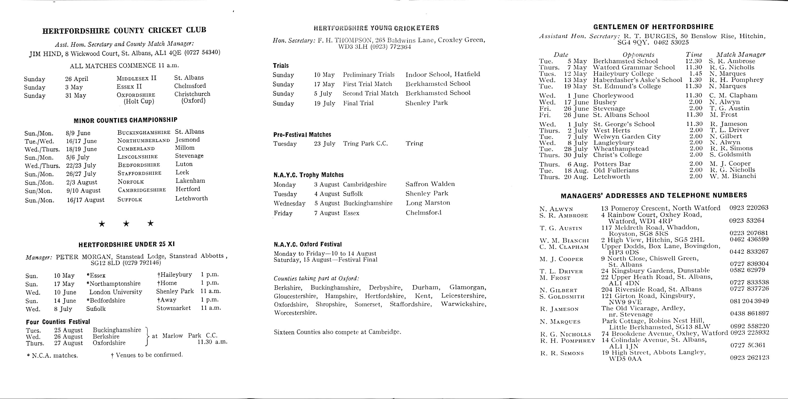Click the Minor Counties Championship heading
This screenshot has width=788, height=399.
click(125, 120)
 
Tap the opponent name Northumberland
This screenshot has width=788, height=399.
click(143, 141)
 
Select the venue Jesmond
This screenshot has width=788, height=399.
click(188, 140)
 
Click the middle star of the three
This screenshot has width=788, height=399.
click(126, 224)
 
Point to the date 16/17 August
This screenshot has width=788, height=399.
click(86, 200)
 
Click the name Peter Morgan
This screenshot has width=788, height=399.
click(82, 257)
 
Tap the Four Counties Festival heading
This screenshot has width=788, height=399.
click(58, 322)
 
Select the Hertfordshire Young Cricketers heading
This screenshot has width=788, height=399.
click(376, 28)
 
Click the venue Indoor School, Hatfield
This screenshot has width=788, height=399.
click(443, 74)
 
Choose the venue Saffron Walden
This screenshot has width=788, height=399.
click(430, 184)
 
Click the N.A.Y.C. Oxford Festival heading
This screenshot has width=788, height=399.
click(308, 244)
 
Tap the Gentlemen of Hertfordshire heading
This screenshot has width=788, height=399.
click(653, 27)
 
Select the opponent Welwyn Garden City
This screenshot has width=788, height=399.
click(627, 137)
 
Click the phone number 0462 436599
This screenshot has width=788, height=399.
click(749, 239)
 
